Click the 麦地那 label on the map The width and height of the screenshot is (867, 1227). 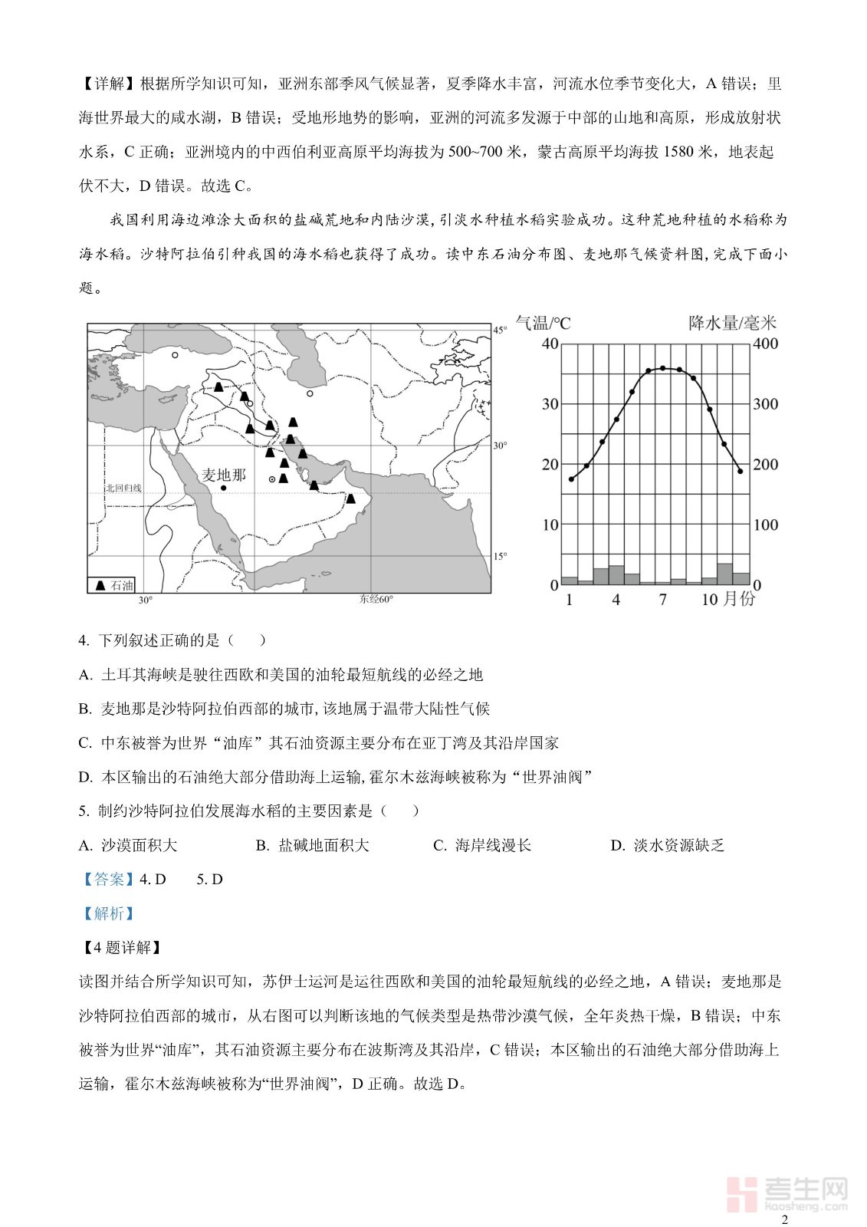tap(224, 475)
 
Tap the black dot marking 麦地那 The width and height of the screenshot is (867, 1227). tap(223, 488)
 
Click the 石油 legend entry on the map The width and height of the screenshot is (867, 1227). tap(112, 585)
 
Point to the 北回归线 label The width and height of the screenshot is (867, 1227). tap(123, 488)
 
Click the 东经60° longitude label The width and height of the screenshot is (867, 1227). tap(376, 600)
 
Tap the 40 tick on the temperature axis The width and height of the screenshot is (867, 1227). tap(550, 344)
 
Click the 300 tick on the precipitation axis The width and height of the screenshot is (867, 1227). tap(765, 404)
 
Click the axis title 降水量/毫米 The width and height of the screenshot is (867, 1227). tap(732, 323)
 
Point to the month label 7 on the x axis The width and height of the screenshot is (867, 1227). tap(662, 600)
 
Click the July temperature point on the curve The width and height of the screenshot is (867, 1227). tap(662, 368)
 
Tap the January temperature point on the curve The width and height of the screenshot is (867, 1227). tap(571, 479)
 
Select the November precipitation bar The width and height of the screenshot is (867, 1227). tap(725, 574)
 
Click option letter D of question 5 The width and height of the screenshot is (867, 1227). tap(617, 846)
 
